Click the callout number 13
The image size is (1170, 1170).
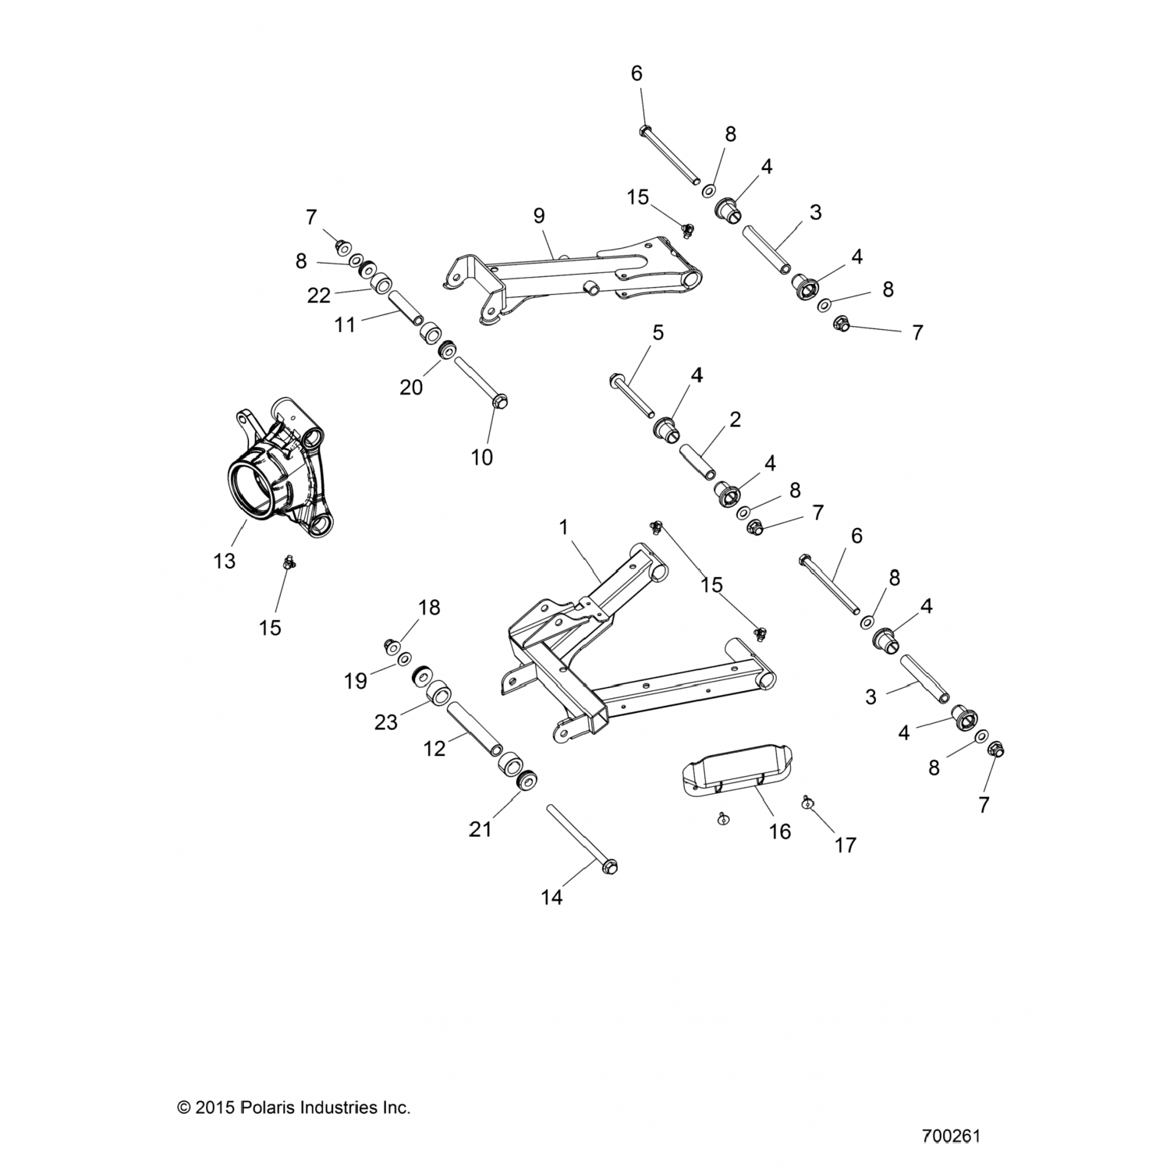coord(224,560)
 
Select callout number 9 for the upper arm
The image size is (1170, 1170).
coord(540,216)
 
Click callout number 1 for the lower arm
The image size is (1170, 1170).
coord(563,528)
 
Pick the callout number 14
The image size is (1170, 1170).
coord(551,898)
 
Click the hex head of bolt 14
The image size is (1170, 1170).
coord(611,865)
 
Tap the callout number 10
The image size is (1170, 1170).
coord(482,457)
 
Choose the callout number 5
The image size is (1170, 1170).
coord(658,333)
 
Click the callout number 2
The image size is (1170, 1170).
coord(735,420)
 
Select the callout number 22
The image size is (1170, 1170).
coord(319,296)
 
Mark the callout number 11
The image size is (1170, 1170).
coord(345,324)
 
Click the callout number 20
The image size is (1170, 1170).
coord(411,386)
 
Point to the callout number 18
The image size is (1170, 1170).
coord(429,607)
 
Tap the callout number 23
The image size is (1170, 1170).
coord(386,722)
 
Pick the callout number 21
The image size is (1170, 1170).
coord(480,828)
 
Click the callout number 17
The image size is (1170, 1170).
coord(846,844)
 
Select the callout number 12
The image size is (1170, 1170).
coord(434,748)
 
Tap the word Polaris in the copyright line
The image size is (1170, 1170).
coord(271,1107)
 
